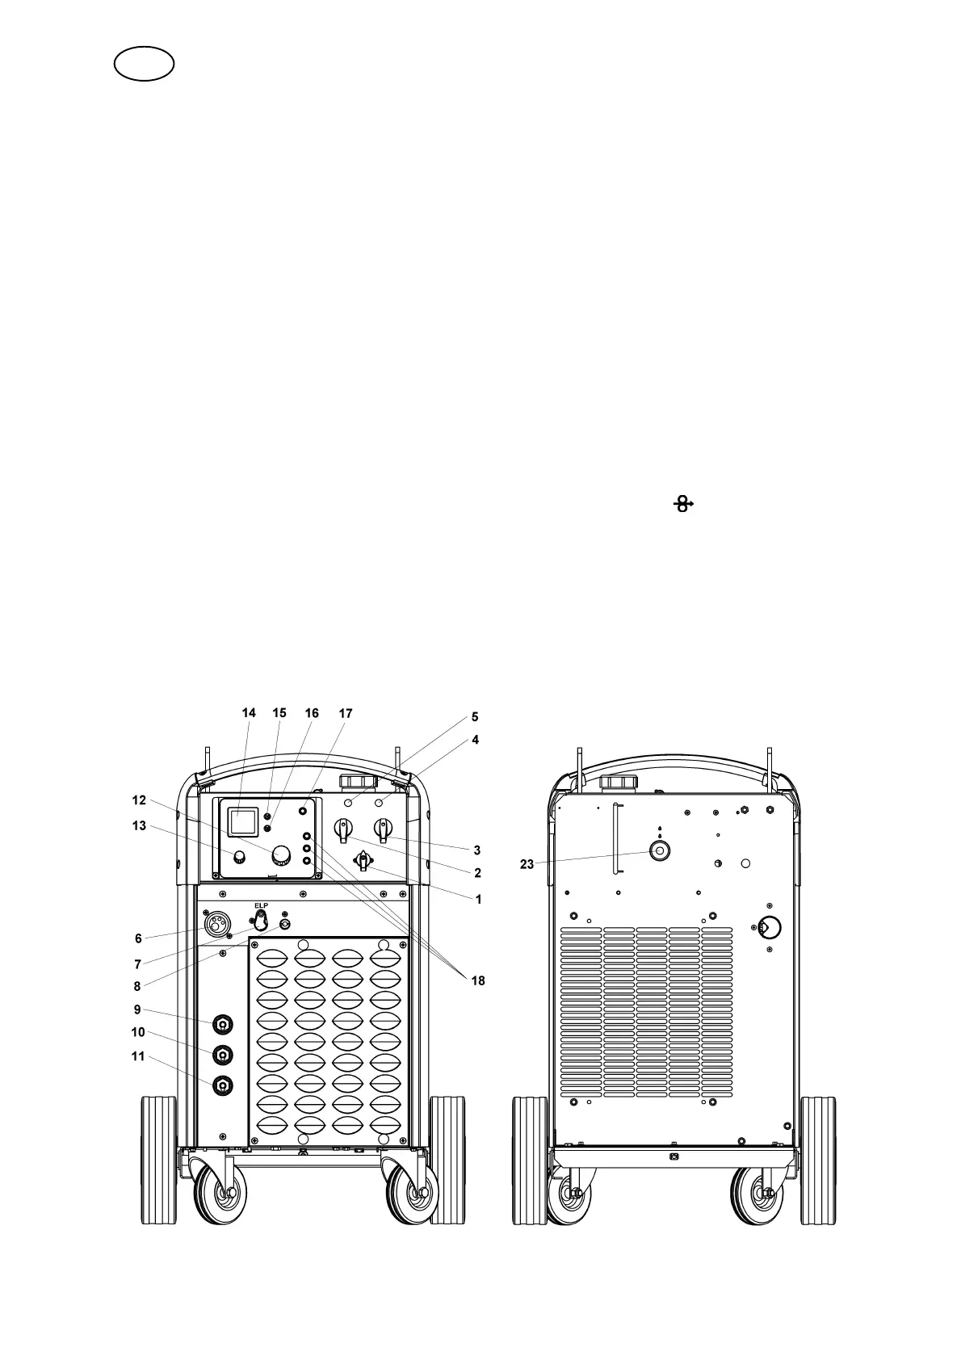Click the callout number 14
pos(249,713)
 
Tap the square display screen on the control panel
pos(241,822)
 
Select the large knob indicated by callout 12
pos(282,854)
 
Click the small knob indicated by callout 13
pos(238,856)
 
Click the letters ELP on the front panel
pos(260,905)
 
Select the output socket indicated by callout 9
pos(222,1025)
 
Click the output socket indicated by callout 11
pos(222,1086)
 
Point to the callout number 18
pos(477,980)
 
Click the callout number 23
pos(527,864)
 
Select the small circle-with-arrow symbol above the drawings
pos(683,505)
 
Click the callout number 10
pos(138,1032)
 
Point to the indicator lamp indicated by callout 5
pos(349,804)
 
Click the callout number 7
pos(138,964)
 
